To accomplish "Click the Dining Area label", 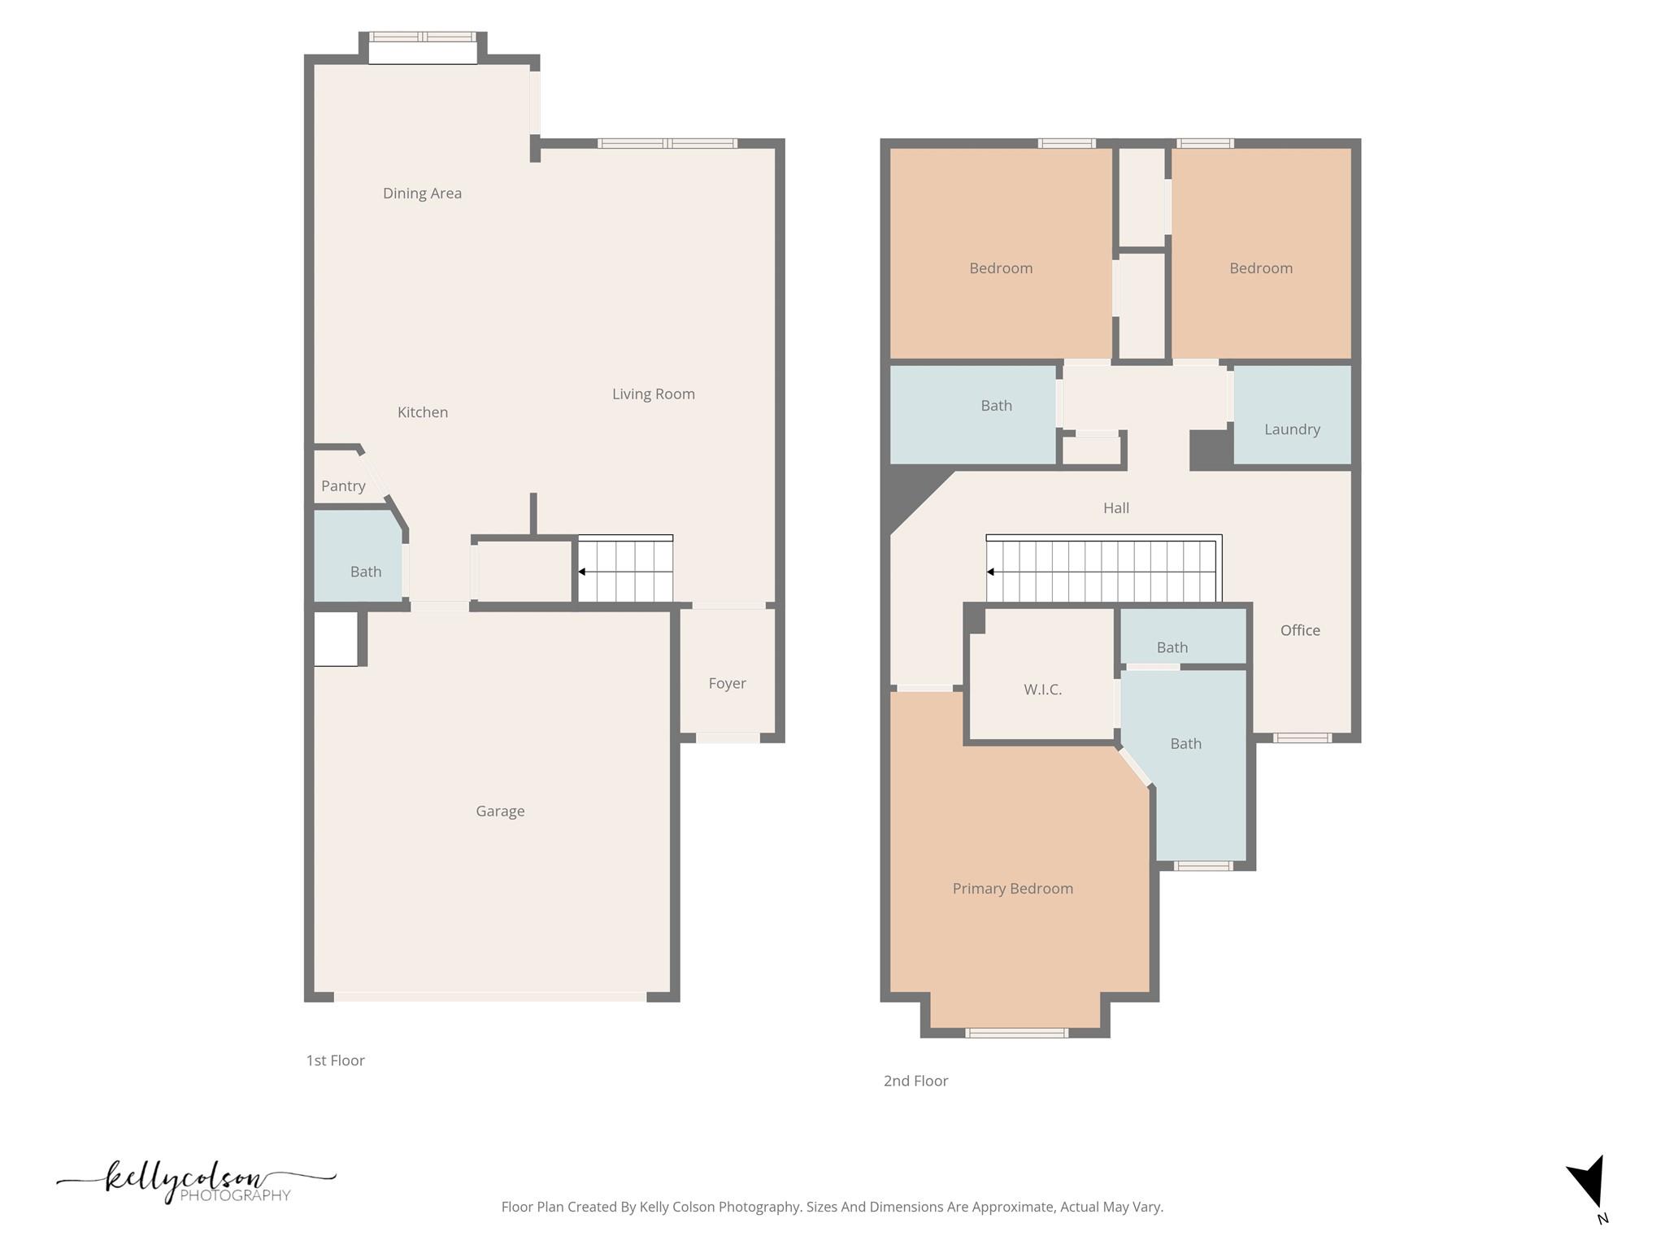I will coord(422,194).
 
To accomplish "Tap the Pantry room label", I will coord(343,486).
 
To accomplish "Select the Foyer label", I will coord(727,684).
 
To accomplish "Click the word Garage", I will coord(500,812).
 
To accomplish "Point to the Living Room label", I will coord(653,394).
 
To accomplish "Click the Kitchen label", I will coord(423,412).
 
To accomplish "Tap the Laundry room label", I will coord(1292,429).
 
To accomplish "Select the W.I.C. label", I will coord(1042,690).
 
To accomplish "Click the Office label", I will coord(1300,630).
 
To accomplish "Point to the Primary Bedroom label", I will coord(1012,889).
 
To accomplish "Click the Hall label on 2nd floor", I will coord(1115,508).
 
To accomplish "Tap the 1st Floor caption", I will coord(335,1060).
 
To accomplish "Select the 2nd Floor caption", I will coord(915,1081).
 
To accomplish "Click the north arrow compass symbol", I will coord(1589,1183).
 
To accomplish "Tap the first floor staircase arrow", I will coord(582,572).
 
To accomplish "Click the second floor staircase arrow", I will coord(990,572).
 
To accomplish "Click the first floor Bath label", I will coord(366,572).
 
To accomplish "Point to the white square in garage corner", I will coord(335,639).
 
